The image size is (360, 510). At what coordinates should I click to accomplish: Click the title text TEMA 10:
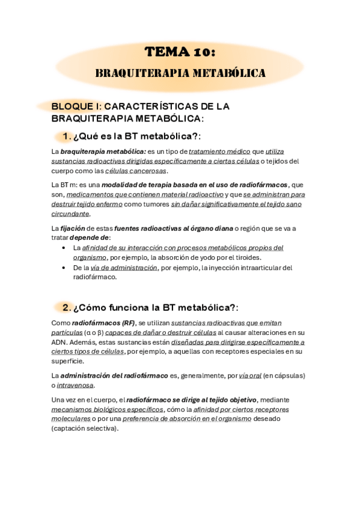tap(180, 53)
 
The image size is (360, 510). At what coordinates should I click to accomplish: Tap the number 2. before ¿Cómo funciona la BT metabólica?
tap(67, 307)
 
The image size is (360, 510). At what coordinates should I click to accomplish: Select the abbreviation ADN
tap(59, 342)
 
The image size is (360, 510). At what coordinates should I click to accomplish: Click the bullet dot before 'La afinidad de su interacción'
tap(65, 247)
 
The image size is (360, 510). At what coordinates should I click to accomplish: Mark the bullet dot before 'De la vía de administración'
tap(65, 268)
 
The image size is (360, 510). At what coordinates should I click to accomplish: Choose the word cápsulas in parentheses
tap(286, 376)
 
